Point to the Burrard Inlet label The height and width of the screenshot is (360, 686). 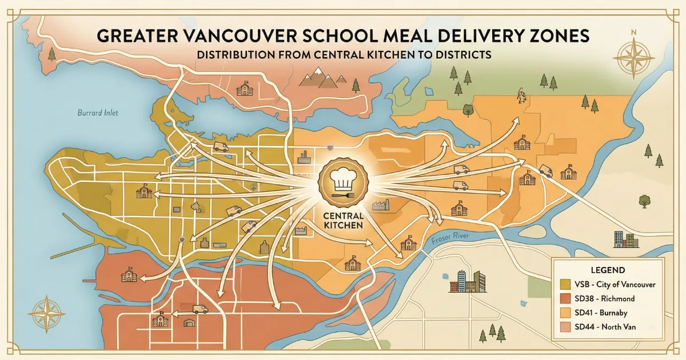pyautogui.click(x=98, y=113)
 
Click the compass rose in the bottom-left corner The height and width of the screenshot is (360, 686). pyautogui.click(x=47, y=313)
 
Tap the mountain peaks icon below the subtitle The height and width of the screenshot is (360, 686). pyautogui.click(x=319, y=77)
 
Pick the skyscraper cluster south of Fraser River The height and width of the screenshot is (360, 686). pyautogui.click(x=471, y=281)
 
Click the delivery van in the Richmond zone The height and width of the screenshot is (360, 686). pyautogui.click(x=200, y=309)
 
